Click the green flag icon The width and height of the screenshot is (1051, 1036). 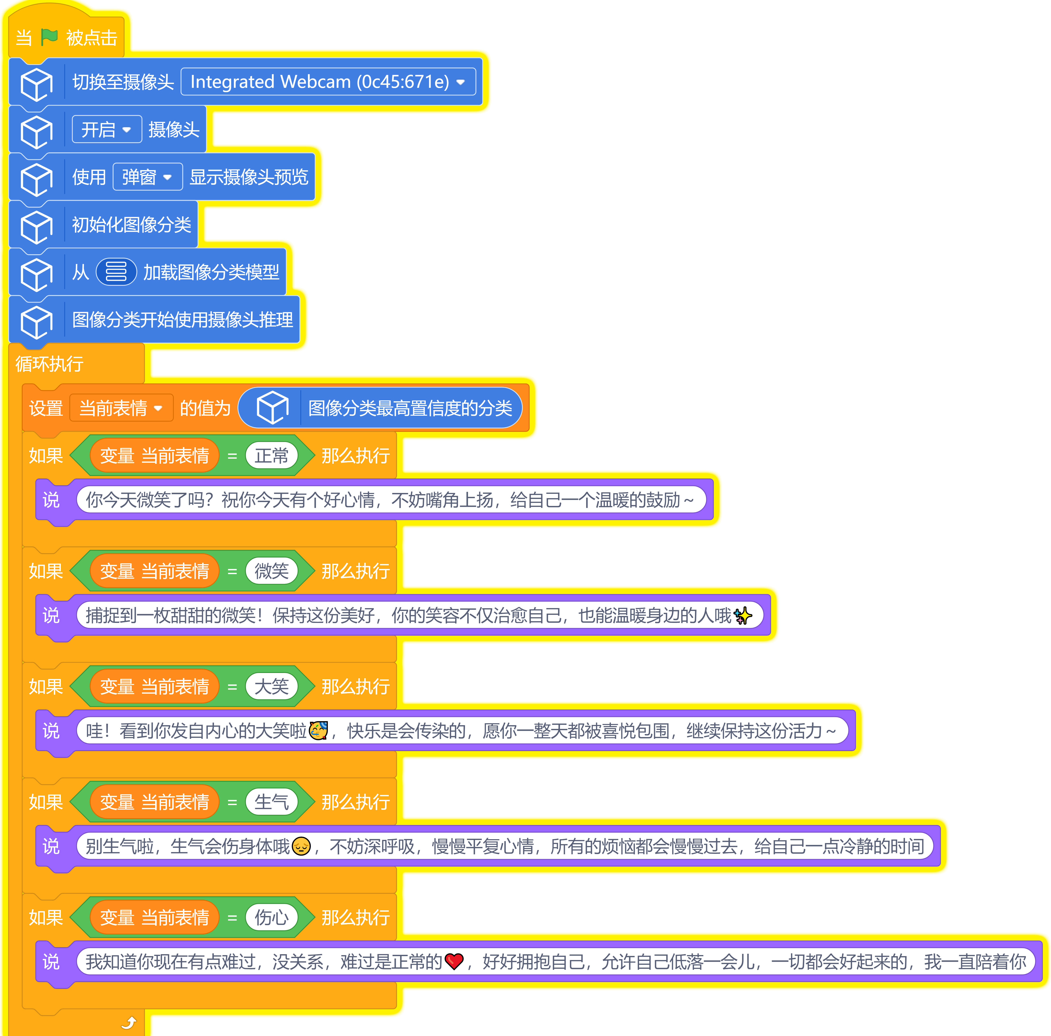(49, 37)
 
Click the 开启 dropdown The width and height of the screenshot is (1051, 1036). (107, 129)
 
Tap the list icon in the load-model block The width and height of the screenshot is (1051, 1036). (116, 272)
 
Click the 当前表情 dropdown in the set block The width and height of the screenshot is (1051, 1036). (121, 408)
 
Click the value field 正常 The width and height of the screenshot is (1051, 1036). (271, 456)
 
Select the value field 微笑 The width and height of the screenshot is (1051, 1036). (271, 571)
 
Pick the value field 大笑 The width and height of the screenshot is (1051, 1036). (271, 686)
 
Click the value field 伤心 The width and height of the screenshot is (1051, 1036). (271, 918)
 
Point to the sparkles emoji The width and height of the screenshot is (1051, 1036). (742, 616)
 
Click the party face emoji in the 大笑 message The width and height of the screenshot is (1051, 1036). (318, 730)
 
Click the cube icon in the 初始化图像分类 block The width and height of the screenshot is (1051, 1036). (36, 227)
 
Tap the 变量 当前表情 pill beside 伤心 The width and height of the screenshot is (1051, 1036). (155, 918)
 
